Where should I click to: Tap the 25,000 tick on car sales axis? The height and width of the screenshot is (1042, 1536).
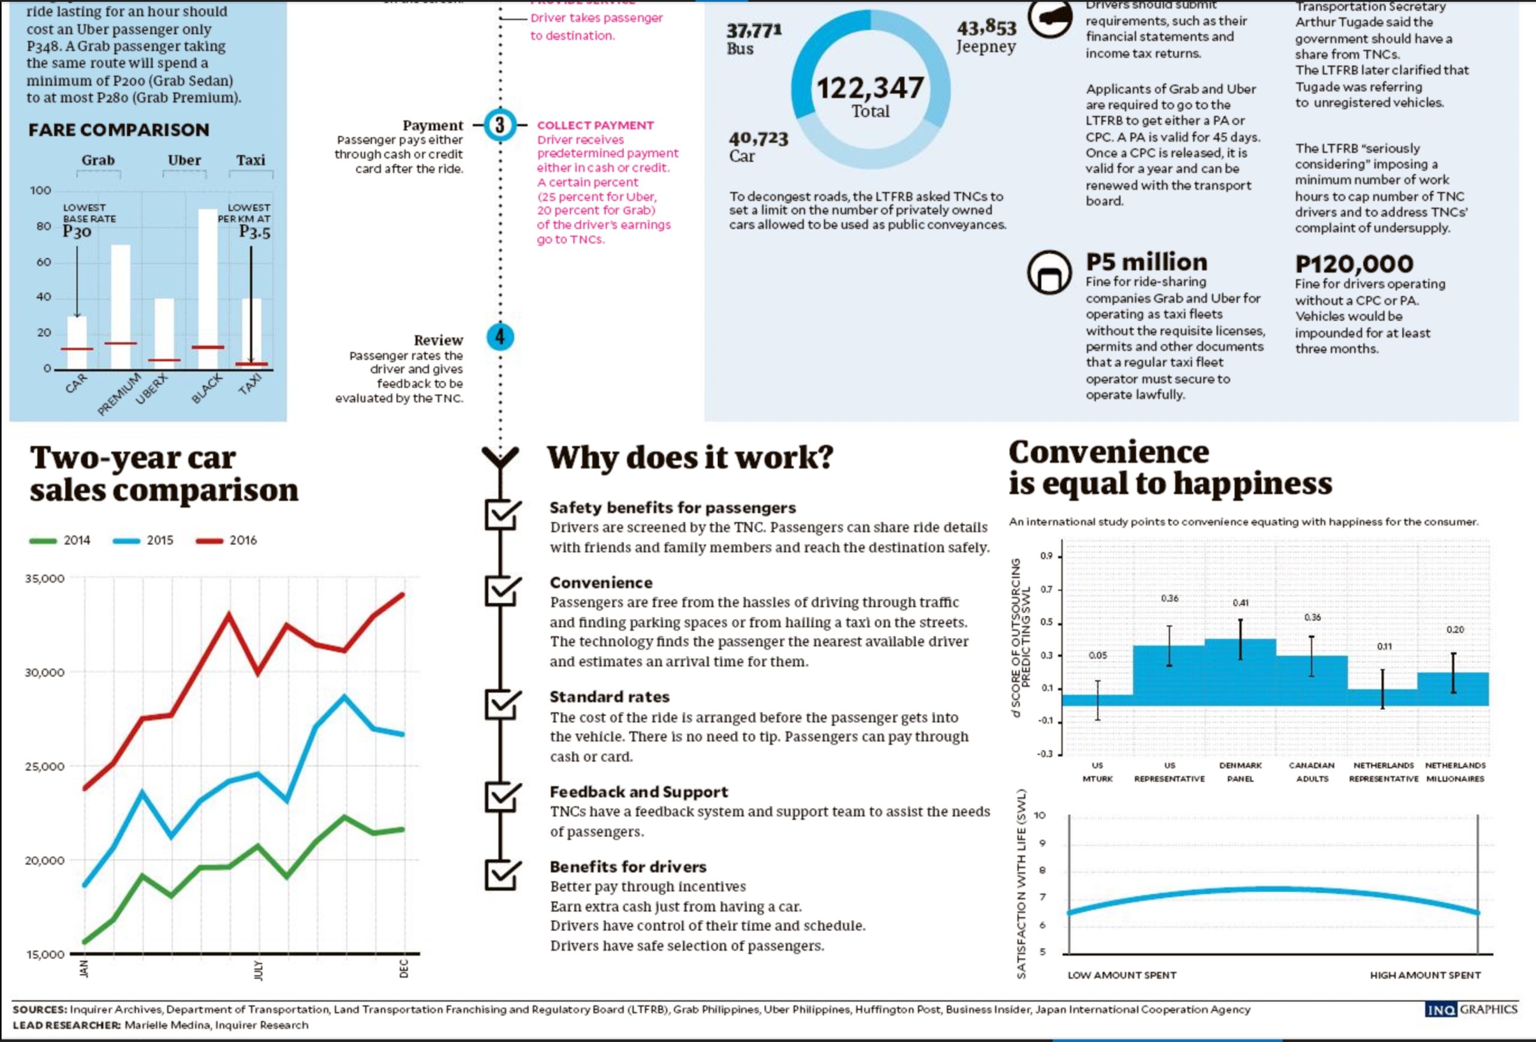(x=45, y=767)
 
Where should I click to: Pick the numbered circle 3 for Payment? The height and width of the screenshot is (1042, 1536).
(x=500, y=125)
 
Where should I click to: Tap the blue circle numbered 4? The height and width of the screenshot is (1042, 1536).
(x=500, y=337)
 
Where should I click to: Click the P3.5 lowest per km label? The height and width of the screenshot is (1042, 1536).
(x=254, y=232)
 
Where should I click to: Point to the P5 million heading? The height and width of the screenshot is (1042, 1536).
(x=1146, y=262)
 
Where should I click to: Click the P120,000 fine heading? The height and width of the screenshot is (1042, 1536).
(x=1354, y=263)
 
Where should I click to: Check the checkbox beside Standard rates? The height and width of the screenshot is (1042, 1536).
(x=501, y=704)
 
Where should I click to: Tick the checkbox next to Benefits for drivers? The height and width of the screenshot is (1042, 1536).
(x=501, y=873)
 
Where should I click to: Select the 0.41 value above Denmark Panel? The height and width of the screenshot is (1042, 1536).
(x=1240, y=603)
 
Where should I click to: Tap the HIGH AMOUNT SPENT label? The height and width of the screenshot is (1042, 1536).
(x=1425, y=975)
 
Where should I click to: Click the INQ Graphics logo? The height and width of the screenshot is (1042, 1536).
(x=1471, y=1009)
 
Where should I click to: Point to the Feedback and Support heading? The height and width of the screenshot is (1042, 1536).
(x=638, y=792)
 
